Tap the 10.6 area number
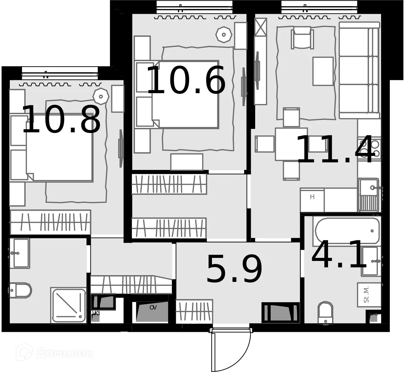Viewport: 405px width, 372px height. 186,80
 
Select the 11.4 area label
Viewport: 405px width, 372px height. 336,149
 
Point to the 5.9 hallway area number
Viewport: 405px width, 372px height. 234,269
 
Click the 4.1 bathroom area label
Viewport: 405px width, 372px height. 339,255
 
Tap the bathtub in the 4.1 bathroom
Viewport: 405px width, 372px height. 347,231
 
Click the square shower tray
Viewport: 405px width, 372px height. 69,305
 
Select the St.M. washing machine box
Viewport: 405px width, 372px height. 369,294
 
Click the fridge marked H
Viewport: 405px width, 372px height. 312,200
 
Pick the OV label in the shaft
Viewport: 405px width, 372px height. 153,308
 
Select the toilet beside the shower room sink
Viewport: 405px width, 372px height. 20,290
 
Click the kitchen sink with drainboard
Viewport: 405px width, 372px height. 369,195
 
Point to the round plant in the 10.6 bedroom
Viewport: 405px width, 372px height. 223,34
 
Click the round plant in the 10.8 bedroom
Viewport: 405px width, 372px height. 101,96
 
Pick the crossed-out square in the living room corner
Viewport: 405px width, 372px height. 261,26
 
